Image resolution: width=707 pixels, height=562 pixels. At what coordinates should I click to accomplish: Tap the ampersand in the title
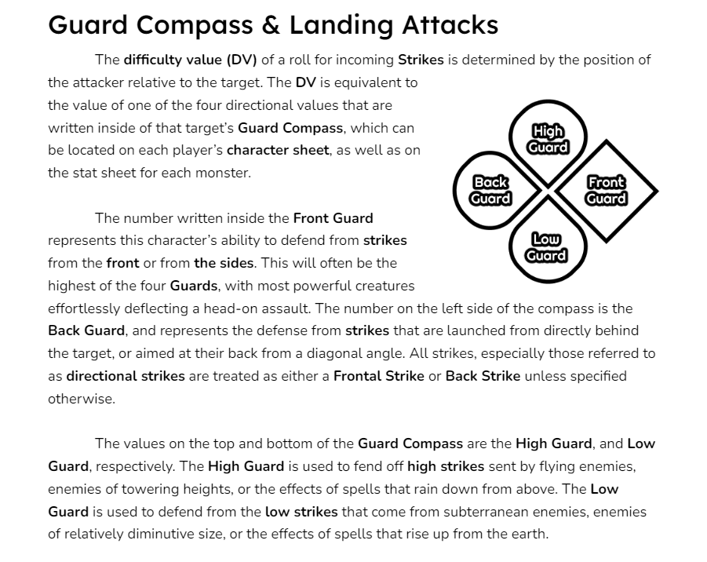(271, 25)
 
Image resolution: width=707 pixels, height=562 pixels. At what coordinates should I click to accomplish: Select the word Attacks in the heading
(450, 25)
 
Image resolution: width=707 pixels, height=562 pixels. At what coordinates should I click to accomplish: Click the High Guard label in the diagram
(548, 140)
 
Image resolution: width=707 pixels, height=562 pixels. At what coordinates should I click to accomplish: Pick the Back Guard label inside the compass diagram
(490, 190)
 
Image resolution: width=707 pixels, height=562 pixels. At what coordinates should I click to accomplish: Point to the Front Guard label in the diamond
(606, 190)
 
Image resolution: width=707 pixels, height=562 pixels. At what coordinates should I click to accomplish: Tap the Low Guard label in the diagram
(546, 247)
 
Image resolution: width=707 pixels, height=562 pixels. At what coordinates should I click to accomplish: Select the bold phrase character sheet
(278, 150)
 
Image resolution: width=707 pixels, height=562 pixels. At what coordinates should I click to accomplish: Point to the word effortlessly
(84, 308)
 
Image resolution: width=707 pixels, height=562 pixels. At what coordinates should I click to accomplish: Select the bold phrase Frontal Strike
(379, 376)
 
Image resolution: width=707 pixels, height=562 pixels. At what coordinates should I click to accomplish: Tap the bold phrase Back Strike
(483, 376)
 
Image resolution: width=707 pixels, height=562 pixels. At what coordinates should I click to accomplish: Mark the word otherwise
(82, 399)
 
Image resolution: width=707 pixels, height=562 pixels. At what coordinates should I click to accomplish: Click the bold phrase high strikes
(446, 466)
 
